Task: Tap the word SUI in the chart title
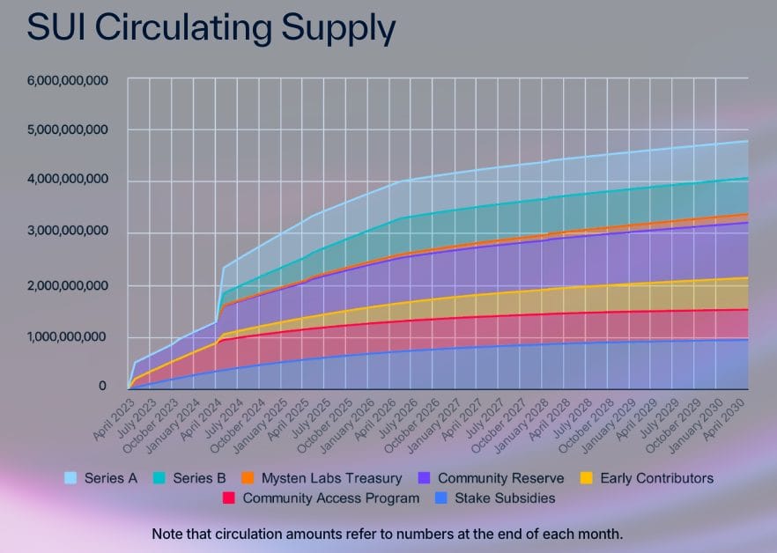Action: point(55,28)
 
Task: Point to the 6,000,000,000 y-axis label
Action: point(67,80)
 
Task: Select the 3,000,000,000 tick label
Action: point(67,232)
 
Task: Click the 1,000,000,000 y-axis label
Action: point(67,337)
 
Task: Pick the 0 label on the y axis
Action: point(102,387)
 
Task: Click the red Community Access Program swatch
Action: point(229,498)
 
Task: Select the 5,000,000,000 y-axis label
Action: point(67,129)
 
